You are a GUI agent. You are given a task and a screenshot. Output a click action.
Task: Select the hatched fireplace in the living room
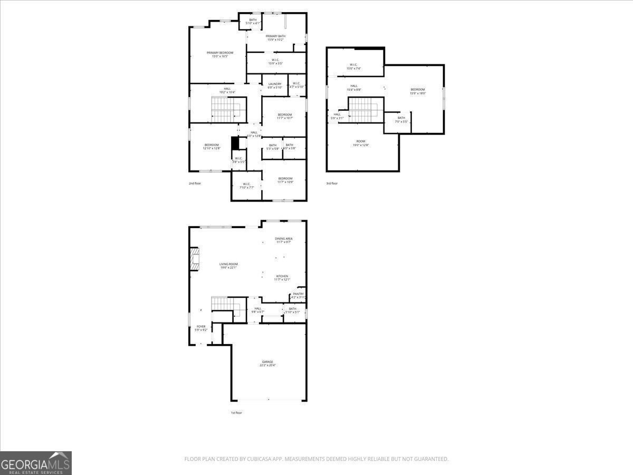coord(195,259)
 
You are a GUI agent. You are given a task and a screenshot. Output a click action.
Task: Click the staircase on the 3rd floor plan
coord(363,109)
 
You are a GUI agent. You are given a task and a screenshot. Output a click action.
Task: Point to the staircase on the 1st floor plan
coord(225,305)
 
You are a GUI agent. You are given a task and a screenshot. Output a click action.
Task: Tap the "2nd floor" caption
coord(195,183)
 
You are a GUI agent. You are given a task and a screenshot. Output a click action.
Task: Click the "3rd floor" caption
coord(332,183)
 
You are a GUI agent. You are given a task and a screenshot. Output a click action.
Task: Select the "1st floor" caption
coord(236,413)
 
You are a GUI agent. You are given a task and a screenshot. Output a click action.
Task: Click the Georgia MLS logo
coord(36,463)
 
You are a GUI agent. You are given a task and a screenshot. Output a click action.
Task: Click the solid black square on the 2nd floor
coord(235,142)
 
